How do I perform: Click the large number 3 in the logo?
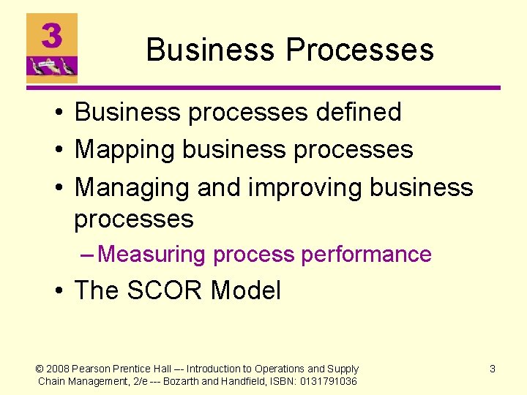click(x=51, y=34)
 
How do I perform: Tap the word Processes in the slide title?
click(x=359, y=50)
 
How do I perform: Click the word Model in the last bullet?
click(x=245, y=290)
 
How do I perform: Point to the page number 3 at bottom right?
click(x=493, y=369)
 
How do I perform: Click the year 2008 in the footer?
click(x=59, y=369)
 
